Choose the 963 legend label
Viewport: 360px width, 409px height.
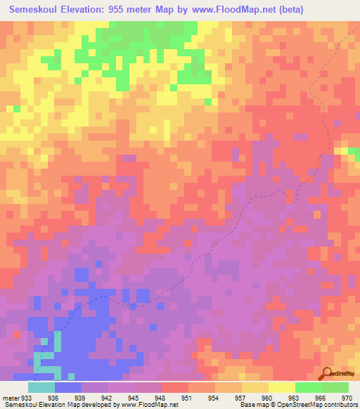295,397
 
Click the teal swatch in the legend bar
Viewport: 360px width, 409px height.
41,387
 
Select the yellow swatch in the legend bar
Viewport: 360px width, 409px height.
281,387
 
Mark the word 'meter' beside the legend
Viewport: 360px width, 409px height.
10,397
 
